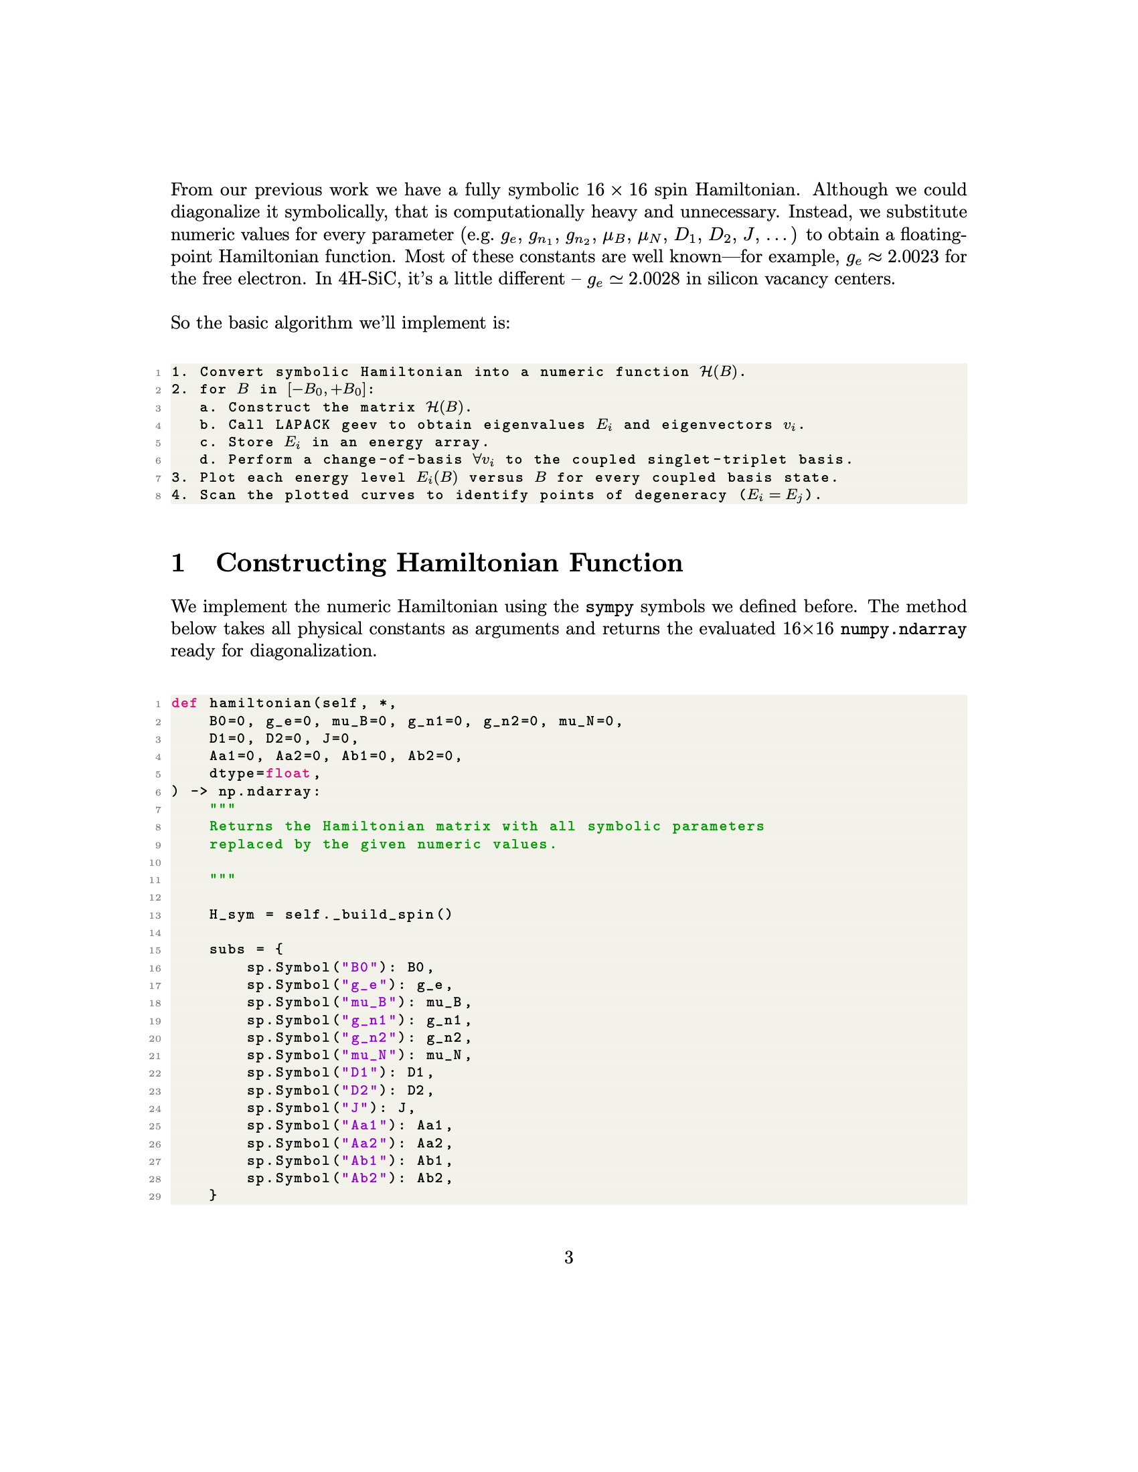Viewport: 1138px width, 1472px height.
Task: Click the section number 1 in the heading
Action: (178, 563)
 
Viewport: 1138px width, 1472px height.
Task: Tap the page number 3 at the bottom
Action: (568, 1257)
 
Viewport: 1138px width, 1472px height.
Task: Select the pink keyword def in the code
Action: (184, 703)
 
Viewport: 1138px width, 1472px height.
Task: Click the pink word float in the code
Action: (287, 773)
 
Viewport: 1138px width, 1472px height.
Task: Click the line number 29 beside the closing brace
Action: (155, 1196)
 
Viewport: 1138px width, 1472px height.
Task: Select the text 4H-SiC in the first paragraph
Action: (368, 279)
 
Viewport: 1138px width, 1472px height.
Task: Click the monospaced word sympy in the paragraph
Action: (608, 607)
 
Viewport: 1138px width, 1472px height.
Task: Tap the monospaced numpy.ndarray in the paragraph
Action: (903, 629)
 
